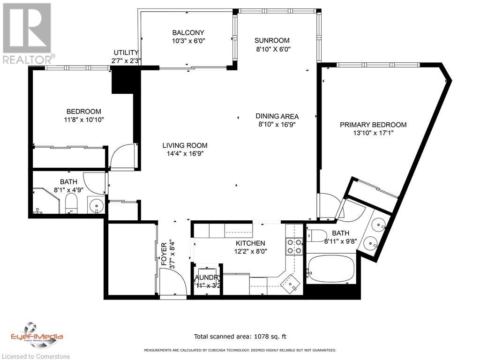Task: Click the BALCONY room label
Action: pyautogui.click(x=188, y=32)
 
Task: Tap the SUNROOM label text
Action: pyautogui.click(x=272, y=40)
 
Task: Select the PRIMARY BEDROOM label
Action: pyautogui.click(x=373, y=125)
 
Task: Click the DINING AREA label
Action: pyautogui.click(x=277, y=116)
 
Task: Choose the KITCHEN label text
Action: pyautogui.click(x=250, y=243)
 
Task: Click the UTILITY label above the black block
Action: pyautogui.click(x=126, y=52)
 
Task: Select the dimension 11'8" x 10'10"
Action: pyautogui.click(x=84, y=120)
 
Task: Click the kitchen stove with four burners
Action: pyautogui.click(x=294, y=246)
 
